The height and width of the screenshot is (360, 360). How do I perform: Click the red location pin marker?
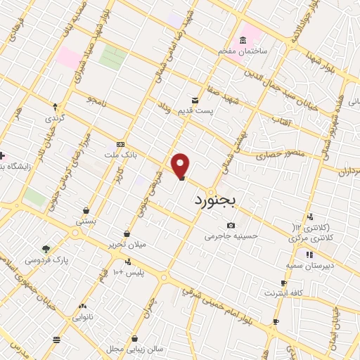tap(181, 165)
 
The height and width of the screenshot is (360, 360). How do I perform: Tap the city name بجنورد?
tap(215, 200)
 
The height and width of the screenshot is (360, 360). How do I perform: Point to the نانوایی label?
tap(82, 317)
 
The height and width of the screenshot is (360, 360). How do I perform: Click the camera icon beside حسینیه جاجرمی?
tap(231, 225)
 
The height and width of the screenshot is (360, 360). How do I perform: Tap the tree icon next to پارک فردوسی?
tap(46, 249)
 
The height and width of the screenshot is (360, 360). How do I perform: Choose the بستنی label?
tap(86, 220)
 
